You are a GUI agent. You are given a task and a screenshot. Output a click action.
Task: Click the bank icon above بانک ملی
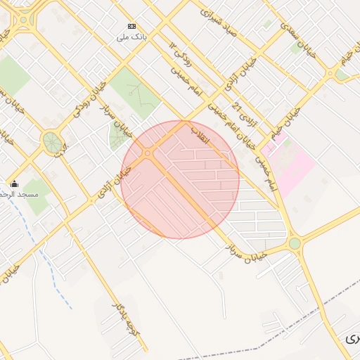pyautogui.click(x=131, y=26)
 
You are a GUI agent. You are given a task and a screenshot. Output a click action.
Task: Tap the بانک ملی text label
pyautogui.click(x=131, y=37)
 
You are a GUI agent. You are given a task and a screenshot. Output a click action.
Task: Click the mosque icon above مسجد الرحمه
pyautogui.click(x=15, y=184)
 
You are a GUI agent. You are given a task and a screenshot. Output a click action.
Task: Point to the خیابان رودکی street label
pyautogui.click(x=88, y=99)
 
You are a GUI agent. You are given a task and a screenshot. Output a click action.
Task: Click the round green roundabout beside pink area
pyautogui.click(x=295, y=243)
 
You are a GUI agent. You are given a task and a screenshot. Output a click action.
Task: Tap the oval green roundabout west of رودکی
pyautogui.click(x=51, y=142)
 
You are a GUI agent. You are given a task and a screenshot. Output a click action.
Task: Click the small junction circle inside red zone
pyautogui.click(x=148, y=153)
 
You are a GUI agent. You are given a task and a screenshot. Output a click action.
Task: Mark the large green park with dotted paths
pyautogui.click(x=134, y=91)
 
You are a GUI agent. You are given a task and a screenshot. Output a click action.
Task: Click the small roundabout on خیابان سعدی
pyautogui.click(x=330, y=72)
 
